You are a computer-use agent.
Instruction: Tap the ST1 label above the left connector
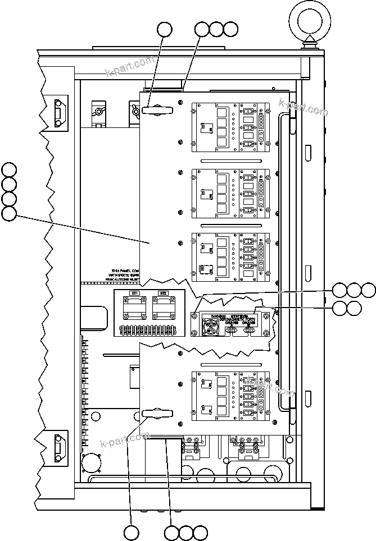click(x=135, y=293)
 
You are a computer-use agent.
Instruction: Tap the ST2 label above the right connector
click(x=163, y=293)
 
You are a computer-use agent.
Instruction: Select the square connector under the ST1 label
click(x=135, y=308)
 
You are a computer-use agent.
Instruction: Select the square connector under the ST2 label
click(x=163, y=308)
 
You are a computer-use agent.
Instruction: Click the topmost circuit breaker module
click(x=233, y=127)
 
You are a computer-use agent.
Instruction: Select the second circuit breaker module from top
click(x=233, y=192)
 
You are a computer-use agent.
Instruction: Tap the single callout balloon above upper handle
click(x=164, y=29)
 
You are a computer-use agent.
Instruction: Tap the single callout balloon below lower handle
click(x=132, y=533)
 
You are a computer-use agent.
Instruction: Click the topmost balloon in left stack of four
click(x=9, y=169)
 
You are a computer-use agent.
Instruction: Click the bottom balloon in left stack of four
click(x=9, y=214)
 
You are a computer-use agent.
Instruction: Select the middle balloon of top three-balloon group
click(x=217, y=29)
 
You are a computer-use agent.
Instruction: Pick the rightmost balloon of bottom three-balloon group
click(x=200, y=533)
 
